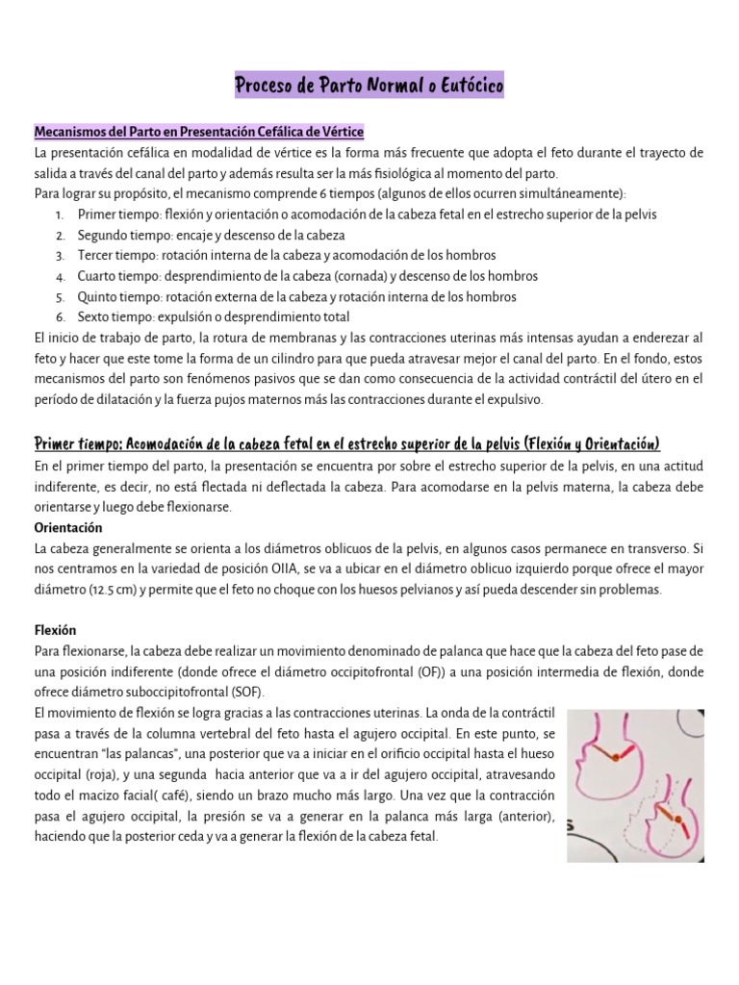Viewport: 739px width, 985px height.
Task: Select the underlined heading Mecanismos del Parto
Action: tap(198, 132)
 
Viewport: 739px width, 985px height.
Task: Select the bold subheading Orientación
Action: tap(67, 528)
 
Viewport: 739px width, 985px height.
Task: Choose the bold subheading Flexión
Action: tap(55, 631)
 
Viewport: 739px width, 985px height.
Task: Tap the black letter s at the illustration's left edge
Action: tap(571, 823)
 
